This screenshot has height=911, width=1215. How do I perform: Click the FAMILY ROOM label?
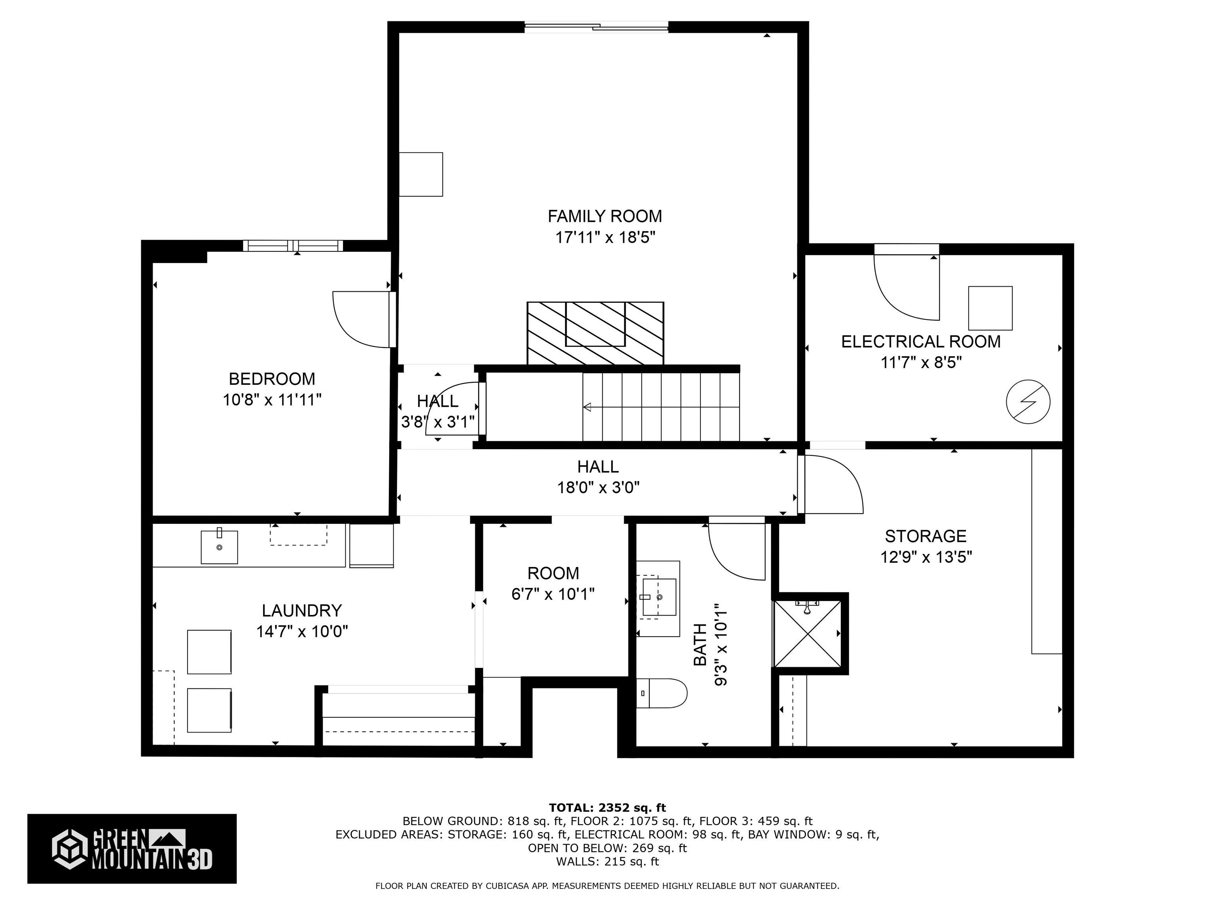click(x=604, y=216)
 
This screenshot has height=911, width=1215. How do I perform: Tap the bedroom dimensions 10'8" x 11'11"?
click(x=272, y=400)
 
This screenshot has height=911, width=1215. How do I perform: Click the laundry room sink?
click(x=219, y=547)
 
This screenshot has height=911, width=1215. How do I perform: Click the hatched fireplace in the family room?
click(x=595, y=333)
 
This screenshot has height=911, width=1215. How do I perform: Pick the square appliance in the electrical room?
click(x=990, y=308)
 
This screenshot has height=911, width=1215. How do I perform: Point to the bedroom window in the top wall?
click(x=293, y=246)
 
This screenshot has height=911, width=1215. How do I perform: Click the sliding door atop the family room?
click(x=596, y=26)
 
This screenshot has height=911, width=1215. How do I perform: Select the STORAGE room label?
click(x=925, y=536)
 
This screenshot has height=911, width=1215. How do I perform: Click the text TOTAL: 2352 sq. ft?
click(x=607, y=808)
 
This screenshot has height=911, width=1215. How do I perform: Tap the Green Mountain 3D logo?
click(x=132, y=849)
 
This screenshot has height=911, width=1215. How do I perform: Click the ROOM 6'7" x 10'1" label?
click(x=553, y=583)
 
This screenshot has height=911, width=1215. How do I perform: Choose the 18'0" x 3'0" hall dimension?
click(x=598, y=488)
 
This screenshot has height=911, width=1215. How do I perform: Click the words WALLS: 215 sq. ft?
click(x=607, y=862)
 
